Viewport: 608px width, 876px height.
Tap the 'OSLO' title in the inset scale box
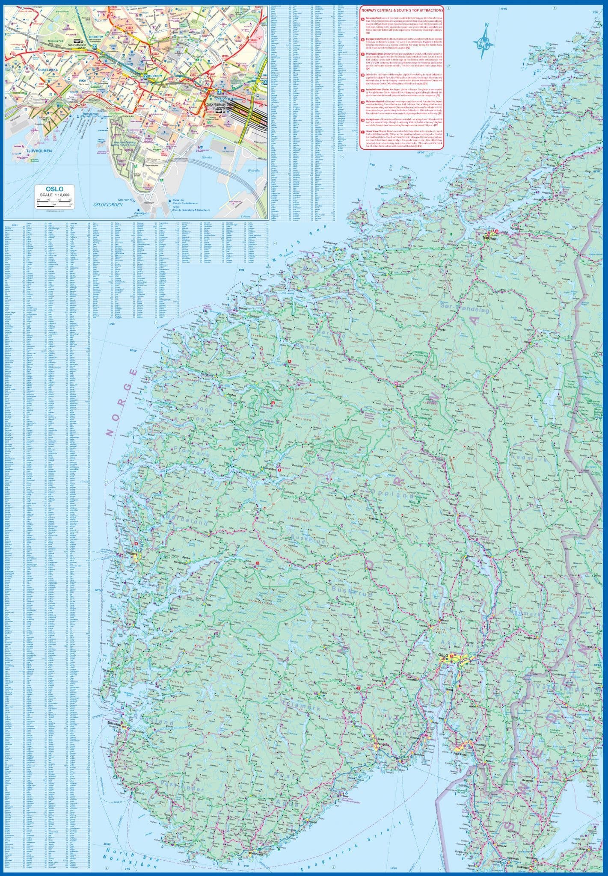55,188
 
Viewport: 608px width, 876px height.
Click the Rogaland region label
158,723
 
